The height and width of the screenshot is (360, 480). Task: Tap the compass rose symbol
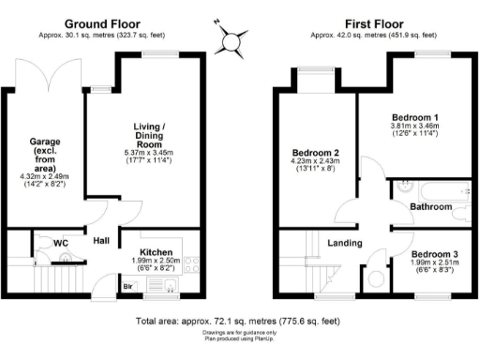(230, 39)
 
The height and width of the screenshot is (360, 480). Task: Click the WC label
(61, 243)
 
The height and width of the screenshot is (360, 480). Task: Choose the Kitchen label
(156, 253)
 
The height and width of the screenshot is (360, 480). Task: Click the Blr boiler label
(127, 286)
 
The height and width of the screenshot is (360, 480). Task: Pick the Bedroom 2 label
(315, 153)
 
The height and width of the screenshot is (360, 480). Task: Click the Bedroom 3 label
(437, 253)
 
